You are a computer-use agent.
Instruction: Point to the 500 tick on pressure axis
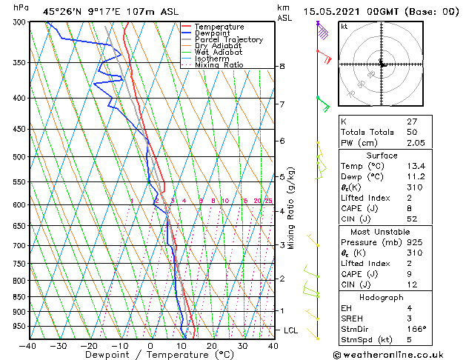(x=20, y=157)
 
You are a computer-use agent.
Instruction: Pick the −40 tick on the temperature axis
(x=28, y=345)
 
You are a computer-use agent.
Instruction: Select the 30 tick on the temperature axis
(x=242, y=345)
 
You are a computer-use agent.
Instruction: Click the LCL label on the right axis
(x=291, y=330)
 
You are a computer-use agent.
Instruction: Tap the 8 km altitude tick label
(x=282, y=67)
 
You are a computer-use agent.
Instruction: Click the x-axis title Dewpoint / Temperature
(x=150, y=355)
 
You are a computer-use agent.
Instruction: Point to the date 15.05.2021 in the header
(x=333, y=11)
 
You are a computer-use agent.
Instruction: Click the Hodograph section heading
(x=382, y=296)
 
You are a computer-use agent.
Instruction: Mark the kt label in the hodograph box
(x=344, y=26)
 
